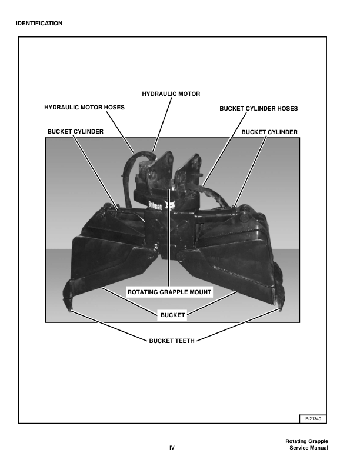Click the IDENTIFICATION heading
coord(39,23)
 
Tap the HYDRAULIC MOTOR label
coord(171,94)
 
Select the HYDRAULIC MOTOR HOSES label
coord(84,107)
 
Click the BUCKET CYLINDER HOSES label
coord(258,108)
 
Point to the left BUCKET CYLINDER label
coord(75,131)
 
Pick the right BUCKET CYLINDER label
coord(269,132)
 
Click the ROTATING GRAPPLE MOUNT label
coord(169,292)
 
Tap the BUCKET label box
coord(172,315)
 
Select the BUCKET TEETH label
coord(172,341)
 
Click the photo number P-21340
coord(313,419)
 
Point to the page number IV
coord(172,448)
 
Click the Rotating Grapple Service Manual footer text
coord(307,444)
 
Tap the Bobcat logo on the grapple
coord(155,205)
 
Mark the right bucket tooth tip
coord(280,310)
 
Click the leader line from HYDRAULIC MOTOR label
coord(162,124)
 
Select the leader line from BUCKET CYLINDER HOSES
coord(224,149)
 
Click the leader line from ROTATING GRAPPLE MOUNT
coord(169,238)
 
